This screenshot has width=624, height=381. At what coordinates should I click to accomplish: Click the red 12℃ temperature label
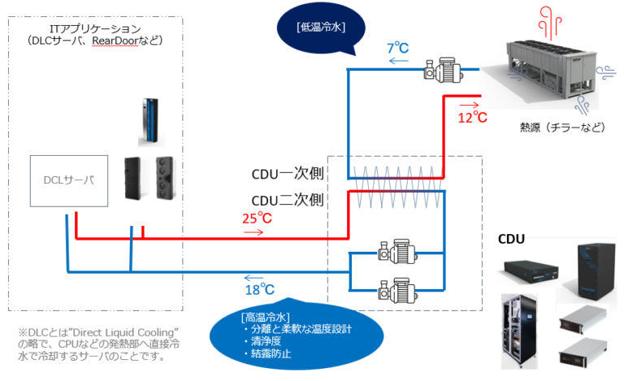click(471, 118)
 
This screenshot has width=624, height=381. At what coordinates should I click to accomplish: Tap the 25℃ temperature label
click(257, 218)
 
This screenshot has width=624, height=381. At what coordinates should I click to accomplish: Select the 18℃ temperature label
click(259, 289)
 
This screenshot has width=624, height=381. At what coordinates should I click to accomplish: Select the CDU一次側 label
click(288, 175)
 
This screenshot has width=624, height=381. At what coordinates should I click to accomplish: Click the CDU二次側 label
click(288, 198)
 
